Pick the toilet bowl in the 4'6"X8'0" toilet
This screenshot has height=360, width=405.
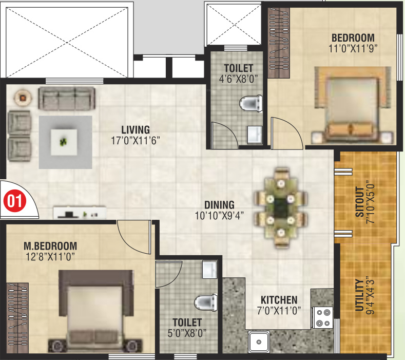[250, 103]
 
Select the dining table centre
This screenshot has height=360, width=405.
[280, 208]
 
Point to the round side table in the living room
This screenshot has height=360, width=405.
[22, 96]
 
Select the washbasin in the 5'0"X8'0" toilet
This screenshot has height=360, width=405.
[209, 269]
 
